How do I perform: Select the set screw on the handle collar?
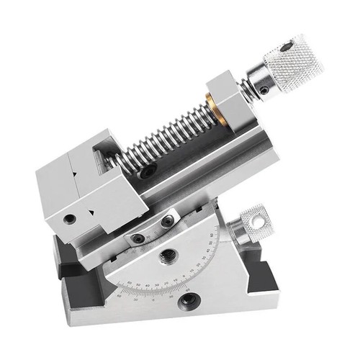click(264, 90)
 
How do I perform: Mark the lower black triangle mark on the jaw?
click(90, 211)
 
